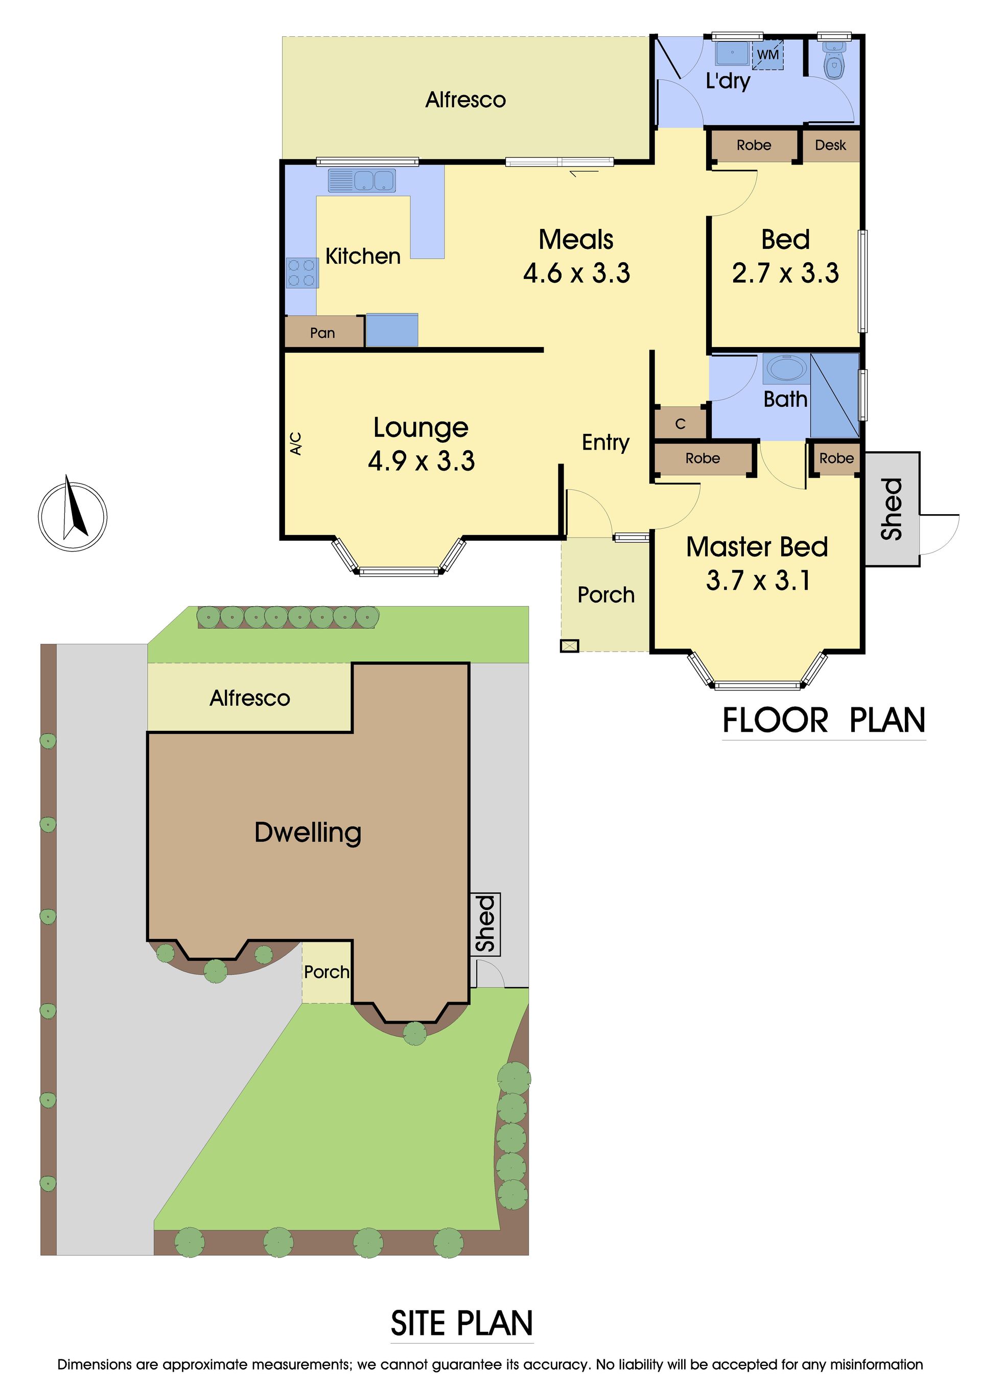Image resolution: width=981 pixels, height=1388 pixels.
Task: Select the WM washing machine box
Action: [x=767, y=54]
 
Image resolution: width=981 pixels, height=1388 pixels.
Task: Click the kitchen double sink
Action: [x=362, y=181]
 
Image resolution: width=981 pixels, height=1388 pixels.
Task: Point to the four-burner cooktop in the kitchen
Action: [x=301, y=273]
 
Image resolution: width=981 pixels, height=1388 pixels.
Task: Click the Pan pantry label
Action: [x=322, y=333]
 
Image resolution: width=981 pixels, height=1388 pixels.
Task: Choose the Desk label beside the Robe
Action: [x=830, y=145]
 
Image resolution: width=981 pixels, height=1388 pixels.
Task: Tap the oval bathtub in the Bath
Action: [x=785, y=367]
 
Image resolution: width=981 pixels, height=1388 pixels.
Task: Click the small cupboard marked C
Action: [x=680, y=424]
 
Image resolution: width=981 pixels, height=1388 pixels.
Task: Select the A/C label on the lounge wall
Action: [x=295, y=443]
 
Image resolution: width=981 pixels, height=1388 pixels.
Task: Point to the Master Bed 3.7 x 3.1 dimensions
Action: [x=758, y=581]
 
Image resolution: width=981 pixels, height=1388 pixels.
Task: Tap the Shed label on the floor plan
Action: [x=892, y=508]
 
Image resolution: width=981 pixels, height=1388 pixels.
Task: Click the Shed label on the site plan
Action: [x=485, y=924]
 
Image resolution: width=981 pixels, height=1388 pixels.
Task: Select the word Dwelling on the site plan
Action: [x=308, y=833]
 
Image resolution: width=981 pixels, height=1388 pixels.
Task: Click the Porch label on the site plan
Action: [x=326, y=972]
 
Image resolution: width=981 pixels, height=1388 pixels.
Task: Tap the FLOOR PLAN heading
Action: [x=824, y=721]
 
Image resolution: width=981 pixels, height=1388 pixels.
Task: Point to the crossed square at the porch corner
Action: [x=569, y=645]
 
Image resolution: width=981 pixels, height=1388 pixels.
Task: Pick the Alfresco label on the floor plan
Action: [x=465, y=100]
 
